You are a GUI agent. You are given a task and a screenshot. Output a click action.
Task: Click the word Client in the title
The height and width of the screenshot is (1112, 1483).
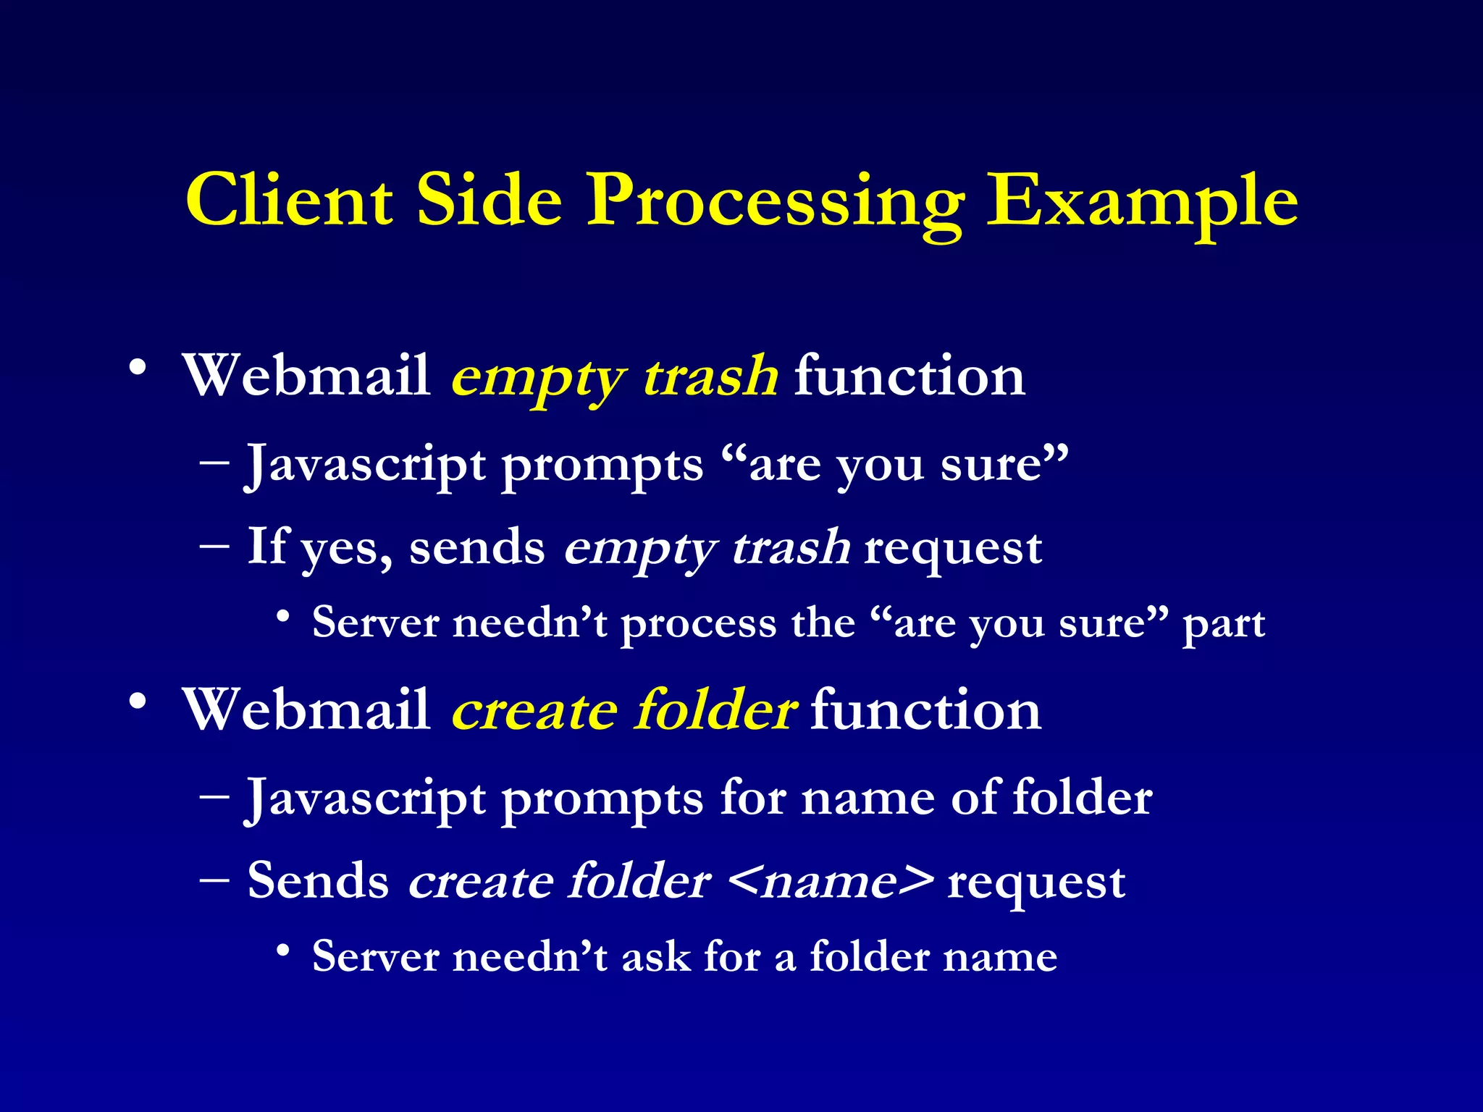[290, 201]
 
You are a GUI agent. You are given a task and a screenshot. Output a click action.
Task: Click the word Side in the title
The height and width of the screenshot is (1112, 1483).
[490, 201]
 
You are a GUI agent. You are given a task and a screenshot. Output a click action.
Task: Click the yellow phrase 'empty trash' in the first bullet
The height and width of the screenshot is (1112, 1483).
[614, 378]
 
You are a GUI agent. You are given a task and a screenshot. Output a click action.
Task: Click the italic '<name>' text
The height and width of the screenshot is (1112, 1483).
[831, 882]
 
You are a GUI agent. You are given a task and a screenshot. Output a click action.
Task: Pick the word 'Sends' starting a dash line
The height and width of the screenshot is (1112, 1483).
[319, 882]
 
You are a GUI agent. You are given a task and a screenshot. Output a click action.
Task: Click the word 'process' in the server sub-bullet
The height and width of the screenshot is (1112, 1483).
[698, 625]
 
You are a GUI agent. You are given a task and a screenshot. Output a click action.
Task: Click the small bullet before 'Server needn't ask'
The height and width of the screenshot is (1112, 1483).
[284, 950]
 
